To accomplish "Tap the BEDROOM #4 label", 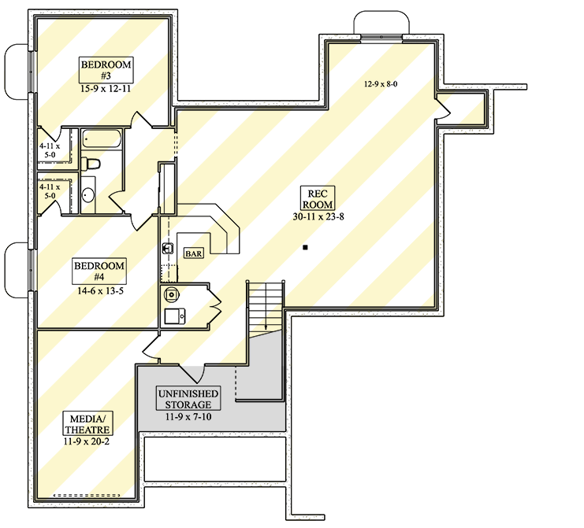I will tap(99, 271).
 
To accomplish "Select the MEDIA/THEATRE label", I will tap(87, 425).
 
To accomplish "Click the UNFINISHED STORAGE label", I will tap(188, 397).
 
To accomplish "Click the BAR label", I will tap(194, 253).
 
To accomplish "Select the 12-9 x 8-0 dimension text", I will tap(381, 83).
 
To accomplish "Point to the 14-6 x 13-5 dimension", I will tap(99, 290).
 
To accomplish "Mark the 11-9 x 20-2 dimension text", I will tap(87, 442).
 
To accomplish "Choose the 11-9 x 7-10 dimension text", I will tap(188, 416).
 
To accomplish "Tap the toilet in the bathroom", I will tap(91, 164).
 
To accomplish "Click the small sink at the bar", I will tap(166, 249).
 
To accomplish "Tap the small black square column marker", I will tap(305, 249).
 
